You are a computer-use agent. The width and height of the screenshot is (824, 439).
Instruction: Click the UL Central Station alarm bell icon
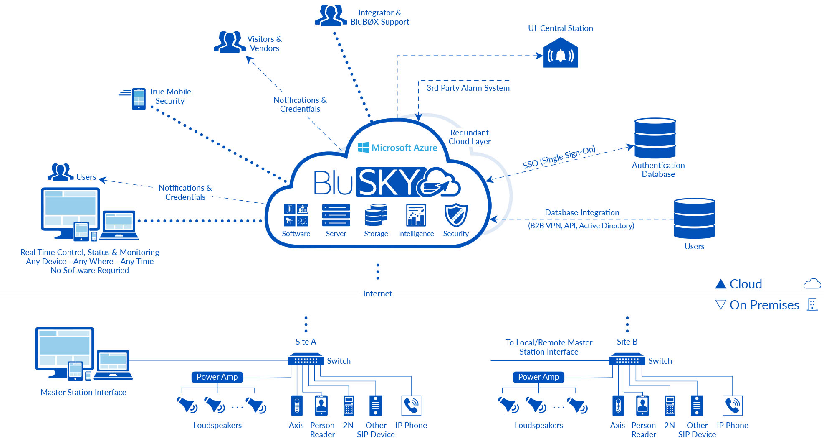click(x=561, y=54)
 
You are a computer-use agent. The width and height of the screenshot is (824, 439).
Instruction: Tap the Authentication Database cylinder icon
click(x=655, y=138)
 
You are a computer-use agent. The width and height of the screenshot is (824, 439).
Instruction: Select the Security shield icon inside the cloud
click(x=455, y=215)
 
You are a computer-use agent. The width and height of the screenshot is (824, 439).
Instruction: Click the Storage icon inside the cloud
click(x=376, y=215)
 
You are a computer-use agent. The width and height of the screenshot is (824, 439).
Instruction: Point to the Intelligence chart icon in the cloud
click(x=416, y=215)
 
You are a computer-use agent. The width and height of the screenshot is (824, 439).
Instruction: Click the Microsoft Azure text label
click(x=404, y=148)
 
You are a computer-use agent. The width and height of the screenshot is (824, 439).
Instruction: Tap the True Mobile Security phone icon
click(x=139, y=99)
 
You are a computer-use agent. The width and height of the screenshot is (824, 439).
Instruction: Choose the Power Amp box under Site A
click(x=217, y=377)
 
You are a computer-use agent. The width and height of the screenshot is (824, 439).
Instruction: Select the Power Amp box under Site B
click(x=538, y=377)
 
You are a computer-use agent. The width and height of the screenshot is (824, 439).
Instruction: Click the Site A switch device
click(x=306, y=360)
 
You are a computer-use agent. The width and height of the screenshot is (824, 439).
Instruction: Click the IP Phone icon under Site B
click(x=732, y=406)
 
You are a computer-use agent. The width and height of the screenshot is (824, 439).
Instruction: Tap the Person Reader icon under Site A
click(x=321, y=406)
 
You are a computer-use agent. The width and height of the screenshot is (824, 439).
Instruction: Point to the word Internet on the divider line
click(x=377, y=294)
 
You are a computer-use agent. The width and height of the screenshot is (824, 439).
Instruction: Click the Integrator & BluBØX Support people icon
click(x=331, y=15)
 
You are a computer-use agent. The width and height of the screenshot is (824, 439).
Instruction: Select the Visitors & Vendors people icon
click(x=230, y=42)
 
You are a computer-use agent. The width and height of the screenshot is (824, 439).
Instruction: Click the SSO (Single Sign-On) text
click(x=559, y=157)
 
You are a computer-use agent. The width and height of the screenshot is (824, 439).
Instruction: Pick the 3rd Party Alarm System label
click(x=468, y=88)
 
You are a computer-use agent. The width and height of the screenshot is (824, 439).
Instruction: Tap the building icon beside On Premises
click(x=812, y=304)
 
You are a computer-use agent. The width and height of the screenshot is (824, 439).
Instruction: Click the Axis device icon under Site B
click(x=618, y=406)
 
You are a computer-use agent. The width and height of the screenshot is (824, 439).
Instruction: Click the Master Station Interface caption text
click(x=83, y=392)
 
